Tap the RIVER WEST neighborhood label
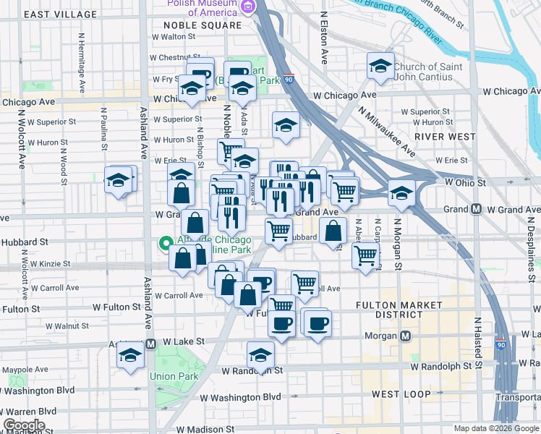(445, 136)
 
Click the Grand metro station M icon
(476, 209)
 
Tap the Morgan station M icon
(405, 336)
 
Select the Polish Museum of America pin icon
(250, 7)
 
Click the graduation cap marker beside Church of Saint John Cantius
(380, 66)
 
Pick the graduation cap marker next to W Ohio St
(401, 192)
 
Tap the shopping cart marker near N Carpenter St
(366, 255)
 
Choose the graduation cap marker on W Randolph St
(260, 355)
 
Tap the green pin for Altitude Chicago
(165, 244)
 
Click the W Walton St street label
(173, 36)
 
